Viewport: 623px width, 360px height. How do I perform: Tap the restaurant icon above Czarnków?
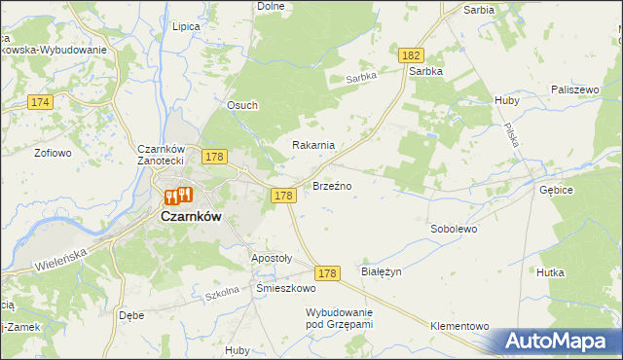click(x=178, y=196)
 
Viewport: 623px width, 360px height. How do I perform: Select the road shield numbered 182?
click(x=410, y=58)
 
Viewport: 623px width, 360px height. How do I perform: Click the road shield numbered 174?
click(x=40, y=102)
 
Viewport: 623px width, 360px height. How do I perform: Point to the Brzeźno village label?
click(x=332, y=185)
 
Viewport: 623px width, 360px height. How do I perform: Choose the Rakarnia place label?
click(x=314, y=145)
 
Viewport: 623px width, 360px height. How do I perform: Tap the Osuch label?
click(x=242, y=107)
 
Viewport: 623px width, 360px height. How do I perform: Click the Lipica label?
click(x=184, y=27)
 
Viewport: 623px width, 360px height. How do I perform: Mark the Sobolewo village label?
click(x=454, y=230)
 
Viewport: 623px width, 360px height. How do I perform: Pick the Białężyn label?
click(x=382, y=273)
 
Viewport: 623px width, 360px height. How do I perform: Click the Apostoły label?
click(x=272, y=259)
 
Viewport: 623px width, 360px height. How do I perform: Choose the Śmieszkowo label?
click(x=286, y=289)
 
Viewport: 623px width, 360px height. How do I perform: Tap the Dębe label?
click(x=131, y=315)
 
